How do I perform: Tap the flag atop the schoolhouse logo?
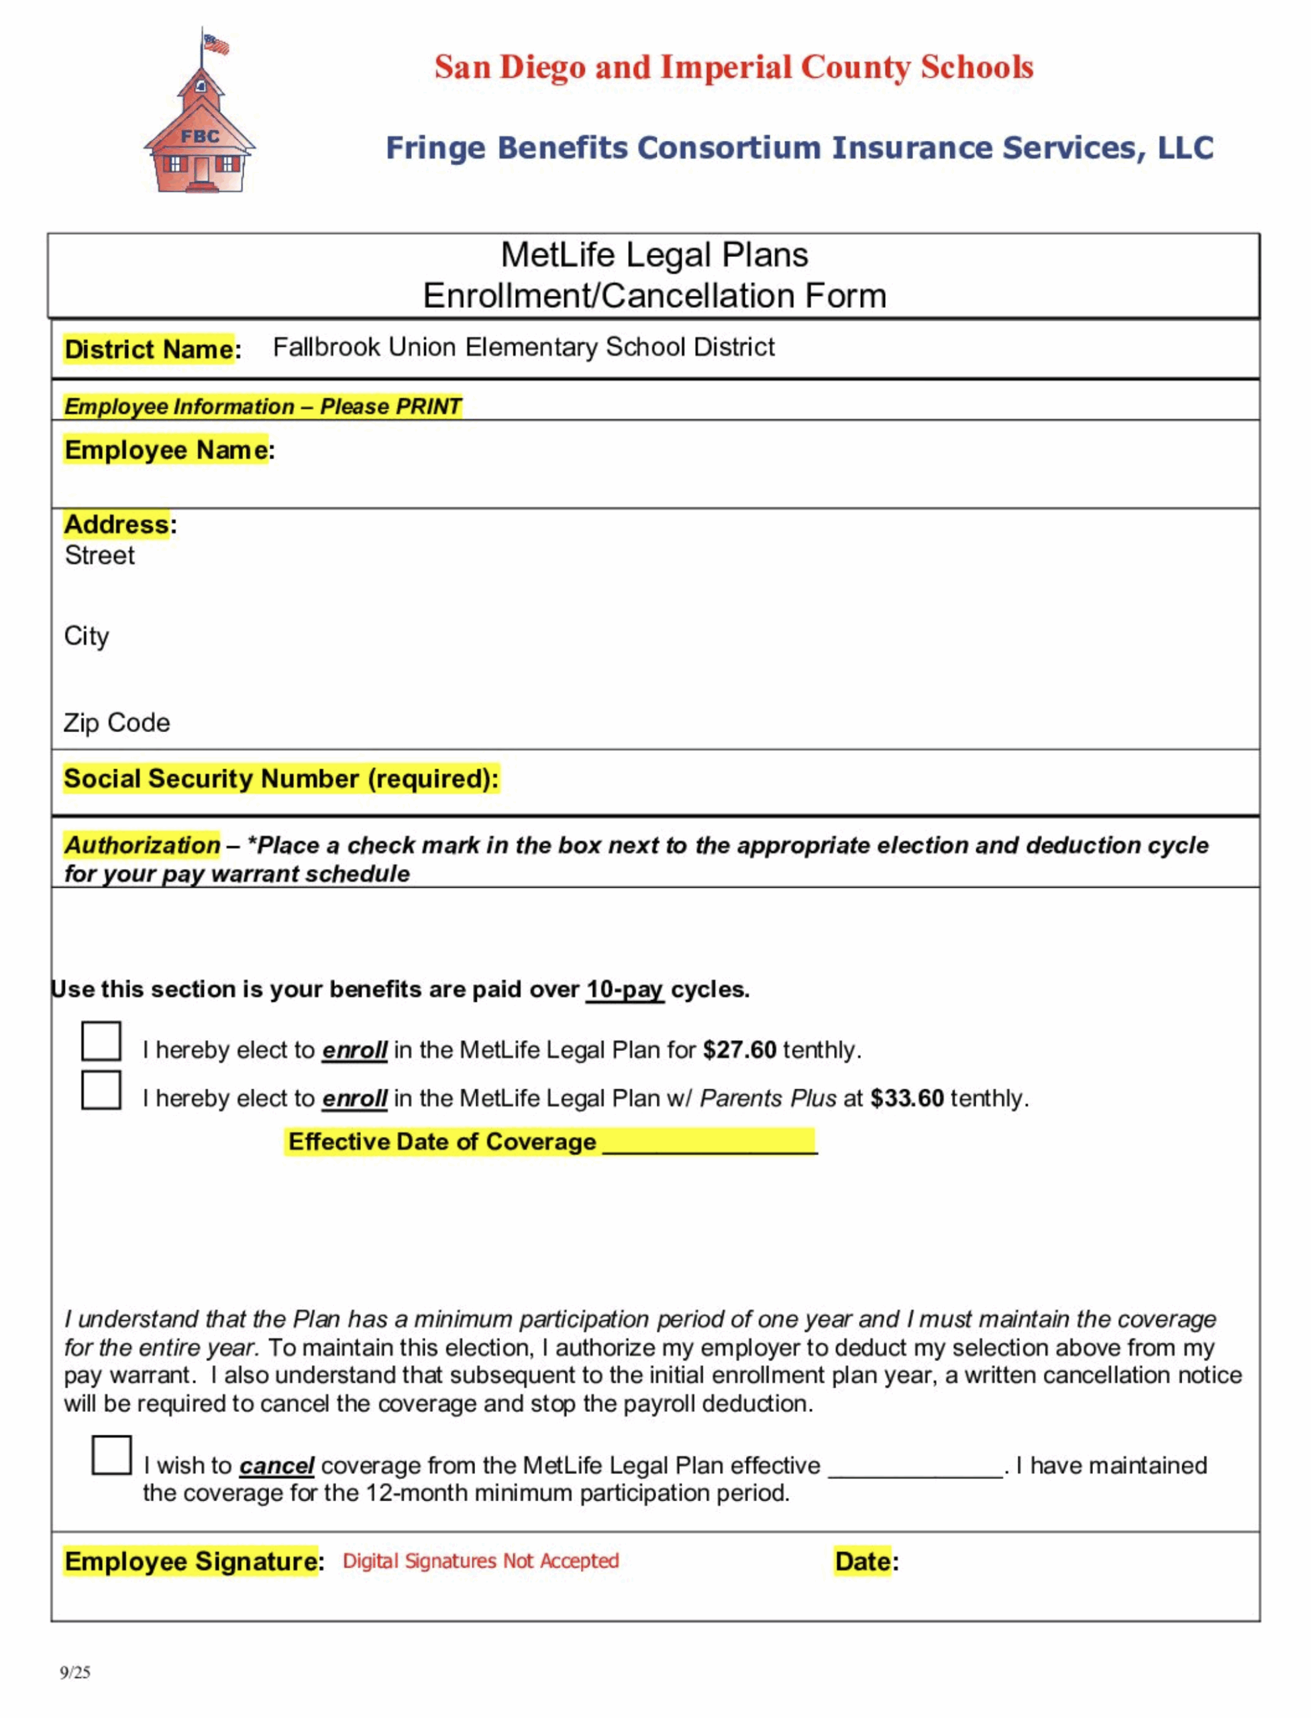click(x=215, y=44)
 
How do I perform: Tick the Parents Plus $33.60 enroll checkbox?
click(x=101, y=1090)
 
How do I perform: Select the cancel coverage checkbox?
click(x=111, y=1455)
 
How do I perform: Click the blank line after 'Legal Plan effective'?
click(x=914, y=1468)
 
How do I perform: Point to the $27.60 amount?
click(x=739, y=1050)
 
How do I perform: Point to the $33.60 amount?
click(x=907, y=1098)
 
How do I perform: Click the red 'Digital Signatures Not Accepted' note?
click(x=480, y=1560)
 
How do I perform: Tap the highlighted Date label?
click(x=862, y=1561)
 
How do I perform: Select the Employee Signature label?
click(x=191, y=1561)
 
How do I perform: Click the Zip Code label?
click(x=116, y=723)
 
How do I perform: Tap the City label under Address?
click(x=86, y=636)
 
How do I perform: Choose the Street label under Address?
click(x=99, y=556)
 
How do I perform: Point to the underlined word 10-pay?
click(x=624, y=989)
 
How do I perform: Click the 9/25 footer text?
click(x=75, y=1672)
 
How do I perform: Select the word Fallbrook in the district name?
click(x=326, y=346)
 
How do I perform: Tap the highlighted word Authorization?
click(x=142, y=844)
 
